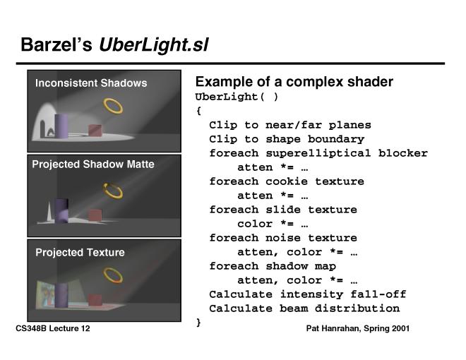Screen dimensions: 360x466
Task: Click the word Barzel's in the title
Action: pyautogui.click(x=56, y=46)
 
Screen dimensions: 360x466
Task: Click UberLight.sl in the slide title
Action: pyautogui.click(x=154, y=46)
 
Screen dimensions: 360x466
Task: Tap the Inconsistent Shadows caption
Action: pyautogui.click(x=91, y=83)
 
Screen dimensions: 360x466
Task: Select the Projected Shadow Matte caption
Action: pyautogui.click(x=92, y=164)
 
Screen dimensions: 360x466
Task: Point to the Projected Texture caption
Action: pyautogui.click(x=80, y=253)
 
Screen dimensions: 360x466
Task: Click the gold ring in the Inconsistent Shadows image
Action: pyautogui.click(x=113, y=106)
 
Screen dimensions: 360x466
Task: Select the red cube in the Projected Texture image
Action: pyautogui.click(x=95, y=300)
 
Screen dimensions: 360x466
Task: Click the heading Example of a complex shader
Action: pyautogui.click(x=294, y=82)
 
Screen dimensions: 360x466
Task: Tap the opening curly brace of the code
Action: pyautogui.click(x=198, y=110)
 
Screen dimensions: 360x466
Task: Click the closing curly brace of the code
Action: pyautogui.click(x=198, y=322)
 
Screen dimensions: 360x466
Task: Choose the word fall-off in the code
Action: pyautogui.click(x=382, y=294)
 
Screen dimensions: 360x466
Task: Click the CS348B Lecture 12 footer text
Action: pyautogui.click(x=52, y=329)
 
